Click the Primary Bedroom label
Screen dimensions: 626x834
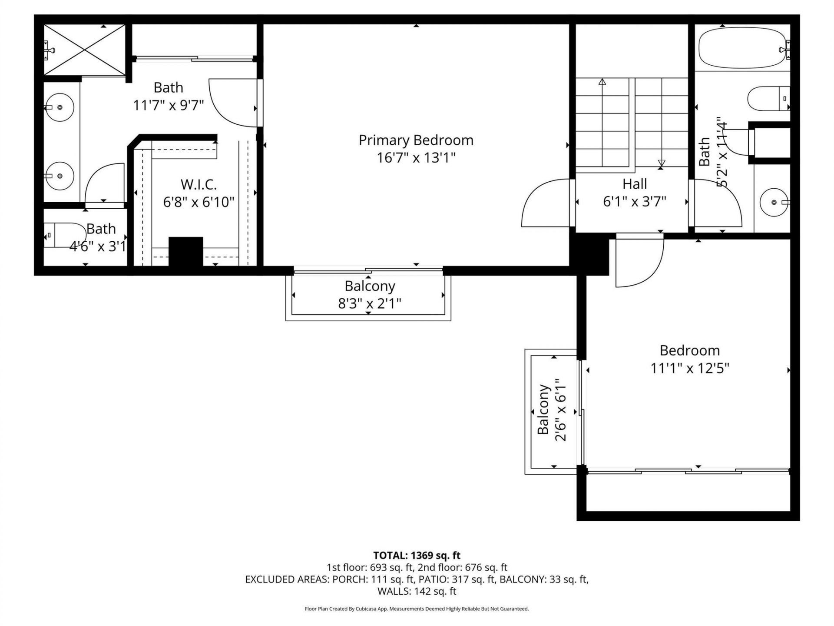(x=416, y=140)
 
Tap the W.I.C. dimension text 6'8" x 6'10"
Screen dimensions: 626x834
(x=199, y=202)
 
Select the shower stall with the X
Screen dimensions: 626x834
(x=85, y=50)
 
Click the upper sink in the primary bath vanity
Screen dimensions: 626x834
(x=60, y=107)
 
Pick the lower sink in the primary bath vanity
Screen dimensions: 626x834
(x=60, y=176)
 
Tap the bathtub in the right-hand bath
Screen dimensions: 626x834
(x=743, y=48)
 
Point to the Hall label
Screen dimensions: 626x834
(x=635, y=184)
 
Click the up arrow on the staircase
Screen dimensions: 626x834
(x=602, y=82)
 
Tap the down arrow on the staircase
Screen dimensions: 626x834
(x=661, y=163)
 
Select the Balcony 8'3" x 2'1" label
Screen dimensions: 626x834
(x=370, y=295)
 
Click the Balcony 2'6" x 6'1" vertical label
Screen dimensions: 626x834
(x=552, y=410)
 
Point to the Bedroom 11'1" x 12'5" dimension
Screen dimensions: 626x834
(x=689, y=368)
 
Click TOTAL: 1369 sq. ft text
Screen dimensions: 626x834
(x=417, y=555)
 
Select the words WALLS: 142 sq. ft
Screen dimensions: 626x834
(x=417, y=591)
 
